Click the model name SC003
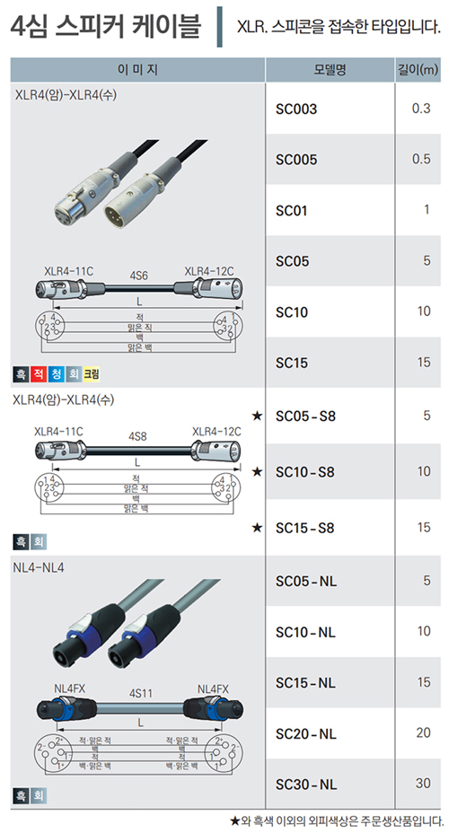click(296, 110)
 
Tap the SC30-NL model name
click(306, 785)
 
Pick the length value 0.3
click(421, 109)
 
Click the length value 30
click(423, 783)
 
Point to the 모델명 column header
click(330, 70)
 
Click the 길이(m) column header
click(418, 70)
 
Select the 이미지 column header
click(137, 70)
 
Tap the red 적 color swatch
click(39, 374)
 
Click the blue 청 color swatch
click(56, 374)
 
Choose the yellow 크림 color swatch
click(92, 374)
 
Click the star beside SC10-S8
click(257, 472)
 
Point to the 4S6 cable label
click(138, 276)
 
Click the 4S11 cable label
click(140, 693)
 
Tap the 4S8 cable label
click(137, 436)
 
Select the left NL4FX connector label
click(69, 689)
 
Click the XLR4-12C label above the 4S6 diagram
click(209, 271)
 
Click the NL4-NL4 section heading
click(39, 567)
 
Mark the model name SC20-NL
click(306, 733)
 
